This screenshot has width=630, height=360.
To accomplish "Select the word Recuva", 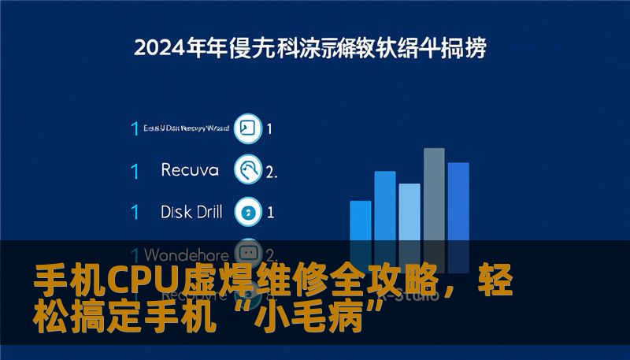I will (x=188, y=169).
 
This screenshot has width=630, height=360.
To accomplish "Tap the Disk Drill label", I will (x=191, y=211).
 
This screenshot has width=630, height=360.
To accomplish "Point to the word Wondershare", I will (x=187, y=254).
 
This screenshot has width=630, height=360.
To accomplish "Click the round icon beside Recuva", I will (x=249, y=169).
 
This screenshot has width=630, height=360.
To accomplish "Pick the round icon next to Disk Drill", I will (x=249, y=211).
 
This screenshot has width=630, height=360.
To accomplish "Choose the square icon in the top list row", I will (x=247, y=128).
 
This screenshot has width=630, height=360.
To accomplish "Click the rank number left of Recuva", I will (x=135, y=170).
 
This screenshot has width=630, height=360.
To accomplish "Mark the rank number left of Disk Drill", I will (x=135, y=212).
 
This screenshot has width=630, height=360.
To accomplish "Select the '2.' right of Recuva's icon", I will (x=272, y=170).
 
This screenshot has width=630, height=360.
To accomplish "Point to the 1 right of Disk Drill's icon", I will (x=270, y=212).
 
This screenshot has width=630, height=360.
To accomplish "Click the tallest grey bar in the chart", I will (x=434, y=193).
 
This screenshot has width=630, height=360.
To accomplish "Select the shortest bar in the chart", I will (x=360, y=221).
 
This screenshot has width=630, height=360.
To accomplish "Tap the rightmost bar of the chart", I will (x=458, y=201).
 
